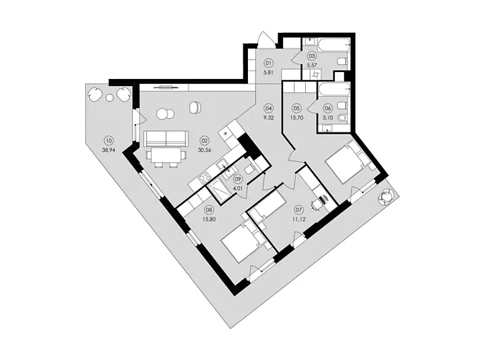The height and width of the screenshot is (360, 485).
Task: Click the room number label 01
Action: pyautogui.click(x=268, y=63)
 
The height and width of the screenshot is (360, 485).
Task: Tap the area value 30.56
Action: pyautogui.click(x=204, y=150)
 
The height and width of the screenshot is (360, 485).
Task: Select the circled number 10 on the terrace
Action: pyautogui.click(x=108, y=141)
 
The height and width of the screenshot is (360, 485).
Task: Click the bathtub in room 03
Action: pyautogui.click(x=335, y=45)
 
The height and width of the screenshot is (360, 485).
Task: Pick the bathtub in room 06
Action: pyautogui.click(x=335, y=89)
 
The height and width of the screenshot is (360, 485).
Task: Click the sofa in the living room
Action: pyautogui.click(x=166, y=138)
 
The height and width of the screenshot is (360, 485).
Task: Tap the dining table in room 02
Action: pyautogui.click(x=167, y=155)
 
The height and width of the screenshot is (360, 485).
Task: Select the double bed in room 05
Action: pyautogui.click(x=350, y=161)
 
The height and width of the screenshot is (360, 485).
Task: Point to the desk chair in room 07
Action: pyautogui.click(x=316, y=204)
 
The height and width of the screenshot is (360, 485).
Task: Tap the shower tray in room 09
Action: pyautogui.click(x=220, y=191)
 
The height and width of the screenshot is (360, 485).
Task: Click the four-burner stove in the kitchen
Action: pyautogui.click(x=205, y=178)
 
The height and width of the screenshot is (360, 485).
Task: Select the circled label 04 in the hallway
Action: pyautogui.click(x=268, y=108)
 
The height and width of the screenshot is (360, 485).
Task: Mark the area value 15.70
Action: pyautogui.click(x=296, y=117)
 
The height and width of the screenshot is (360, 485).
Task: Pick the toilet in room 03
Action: pyautogui.click(x=343, y=62)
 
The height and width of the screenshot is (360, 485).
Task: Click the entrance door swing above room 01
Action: pyautogui.click(x=265, y=38)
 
